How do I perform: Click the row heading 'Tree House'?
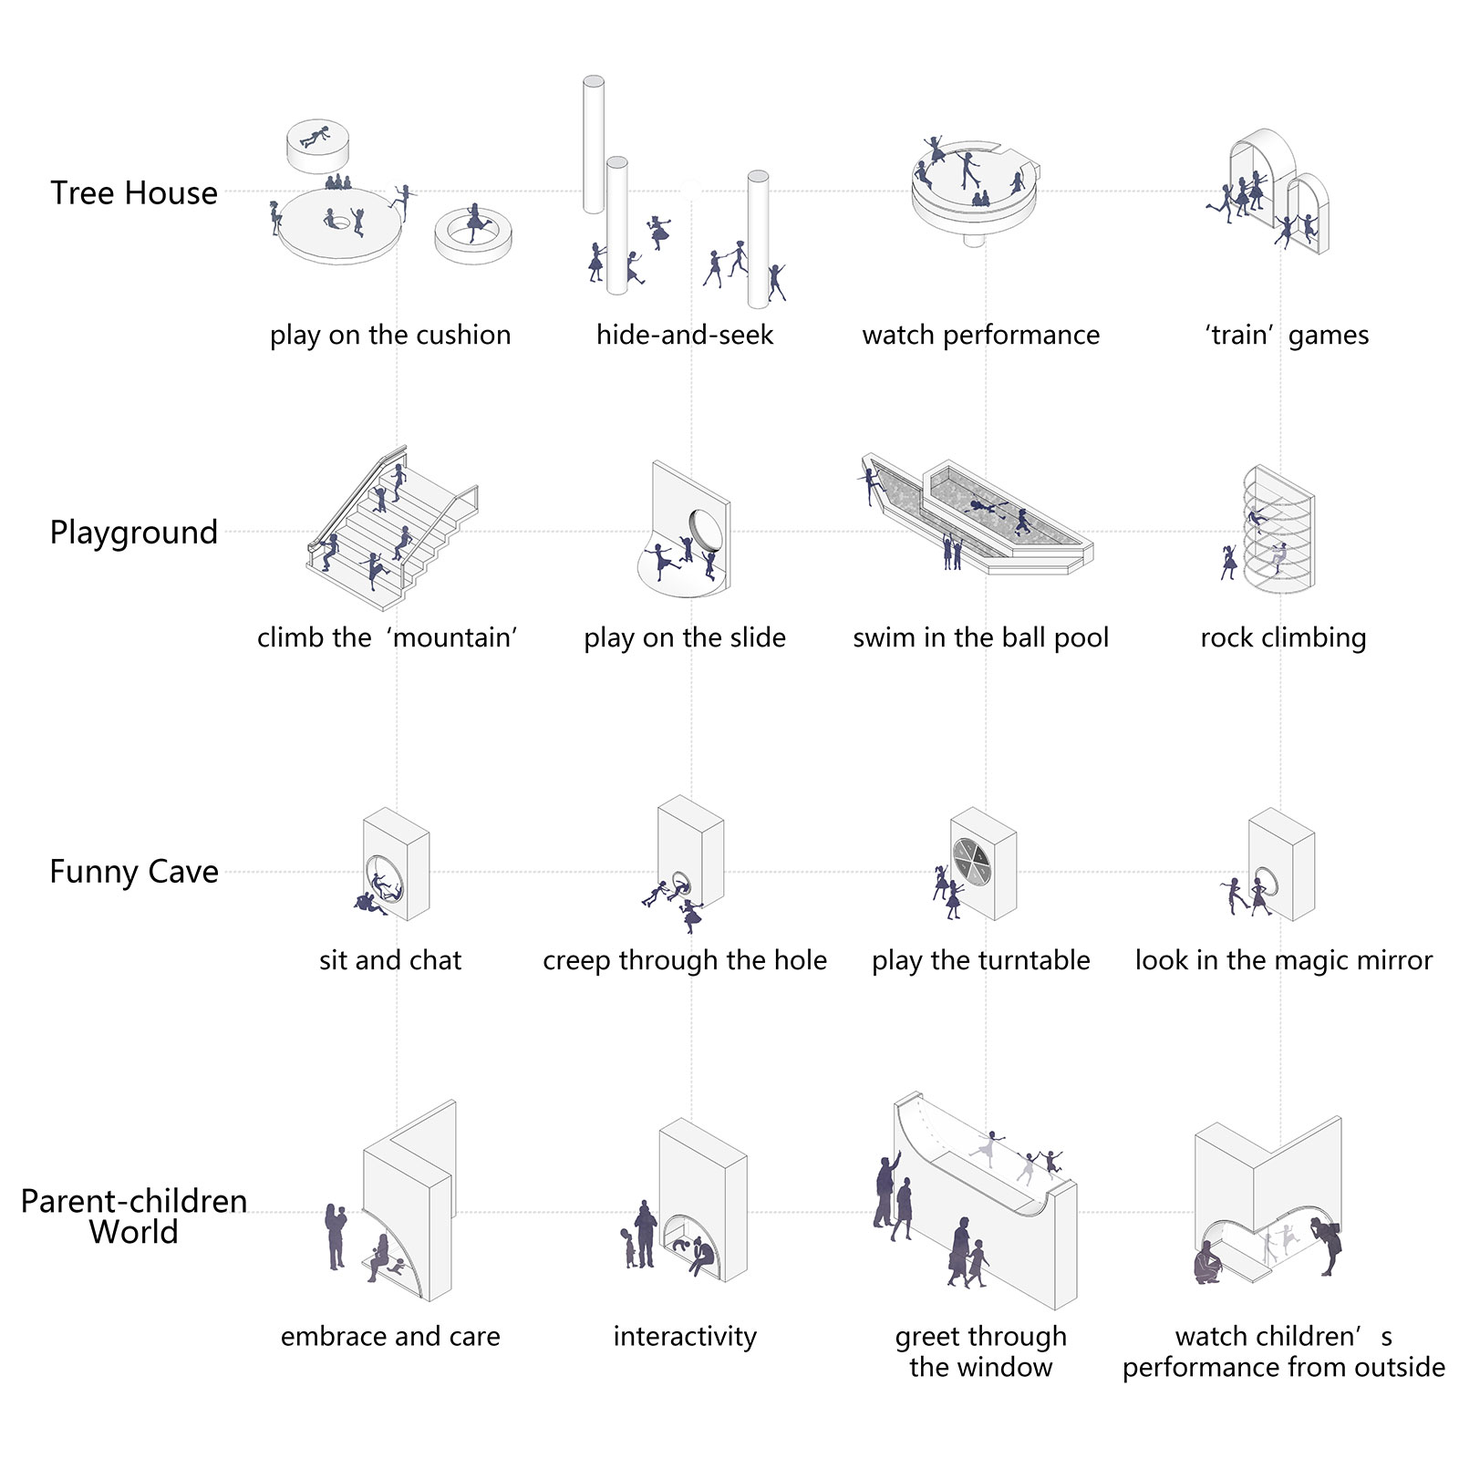click(134, 193)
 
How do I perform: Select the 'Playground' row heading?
click(134, 533)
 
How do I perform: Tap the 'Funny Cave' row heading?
click(134, 872)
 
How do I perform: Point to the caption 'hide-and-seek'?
click(684, 335)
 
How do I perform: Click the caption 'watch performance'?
click(980, 335)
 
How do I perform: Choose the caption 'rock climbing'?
click(1283, 637)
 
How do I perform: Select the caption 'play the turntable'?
click(980, 960)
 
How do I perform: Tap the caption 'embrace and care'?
click(390, 1336)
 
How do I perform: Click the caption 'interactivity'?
click(685, 1336)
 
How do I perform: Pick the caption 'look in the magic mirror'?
click(1283, 960)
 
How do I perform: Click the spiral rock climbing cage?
click(1278, 529)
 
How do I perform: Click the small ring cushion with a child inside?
click(472, 234)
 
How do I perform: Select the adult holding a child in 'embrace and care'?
click(336, 1236)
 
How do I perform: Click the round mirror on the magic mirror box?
click(1265, 881)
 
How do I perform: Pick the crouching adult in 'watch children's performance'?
click(1207, 1262)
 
